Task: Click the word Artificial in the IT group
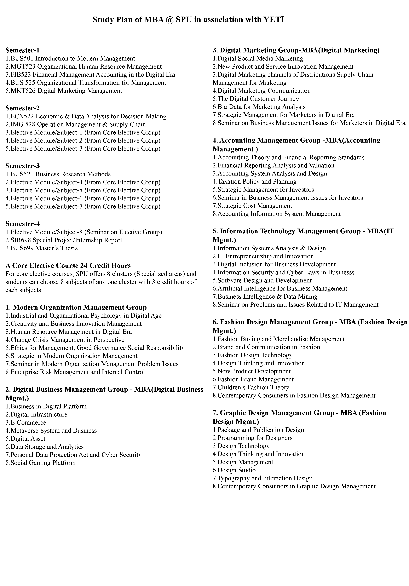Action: coord(230,288)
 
